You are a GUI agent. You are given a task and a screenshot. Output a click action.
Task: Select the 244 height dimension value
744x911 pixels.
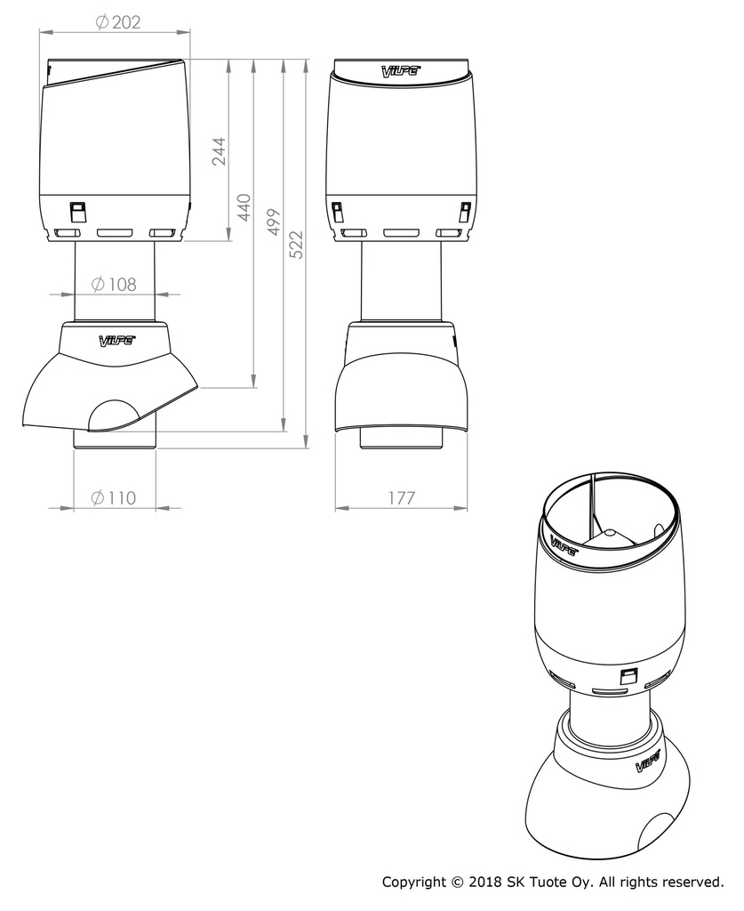[218, 151]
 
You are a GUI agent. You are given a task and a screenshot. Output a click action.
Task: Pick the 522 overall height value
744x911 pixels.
[296, 244]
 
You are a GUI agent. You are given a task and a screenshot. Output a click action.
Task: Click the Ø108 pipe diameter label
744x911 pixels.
[115, 285]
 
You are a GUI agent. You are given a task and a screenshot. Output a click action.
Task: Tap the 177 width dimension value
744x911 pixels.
[401, 498]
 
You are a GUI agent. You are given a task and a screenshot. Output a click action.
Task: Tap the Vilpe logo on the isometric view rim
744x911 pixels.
[564, 544]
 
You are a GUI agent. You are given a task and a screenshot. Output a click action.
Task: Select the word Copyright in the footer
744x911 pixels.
[415, 883]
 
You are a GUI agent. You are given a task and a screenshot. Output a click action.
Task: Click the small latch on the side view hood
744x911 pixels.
[77, 212]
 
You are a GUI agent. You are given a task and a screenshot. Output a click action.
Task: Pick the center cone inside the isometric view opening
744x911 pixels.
[609, 536]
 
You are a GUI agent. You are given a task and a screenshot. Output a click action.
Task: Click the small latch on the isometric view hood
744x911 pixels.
[628, 678]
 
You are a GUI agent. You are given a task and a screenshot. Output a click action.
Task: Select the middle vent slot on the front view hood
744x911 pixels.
[400, 232]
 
